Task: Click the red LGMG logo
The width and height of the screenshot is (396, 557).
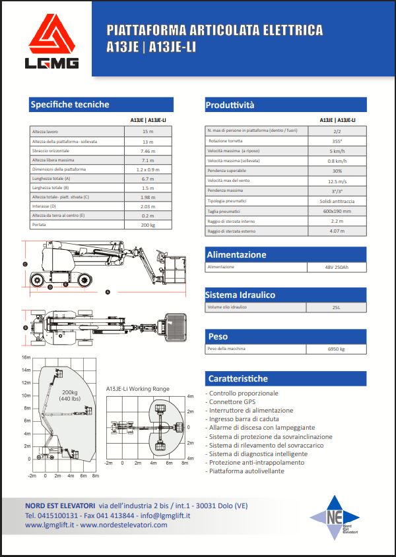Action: (x=53, y=44)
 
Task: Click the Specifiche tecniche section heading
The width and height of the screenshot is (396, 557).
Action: (x=70, y=104)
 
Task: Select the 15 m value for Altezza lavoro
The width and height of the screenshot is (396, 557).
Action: (x=147, y=132)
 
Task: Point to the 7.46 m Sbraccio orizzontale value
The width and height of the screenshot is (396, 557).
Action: (x=147, y=151)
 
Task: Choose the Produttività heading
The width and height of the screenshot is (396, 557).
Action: (x=230, y=105)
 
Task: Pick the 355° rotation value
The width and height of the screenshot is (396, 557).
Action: (x=337, y=141)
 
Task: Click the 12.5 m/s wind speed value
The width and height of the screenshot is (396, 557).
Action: (x=337, y=181)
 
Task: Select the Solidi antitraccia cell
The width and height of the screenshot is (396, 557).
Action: (x=337, y=201)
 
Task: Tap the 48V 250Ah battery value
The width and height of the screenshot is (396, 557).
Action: (x=337, y=267)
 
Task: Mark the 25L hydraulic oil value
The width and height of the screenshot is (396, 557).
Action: (x=337, y=308)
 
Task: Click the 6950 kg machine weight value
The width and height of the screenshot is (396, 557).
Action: (x=337, y=349)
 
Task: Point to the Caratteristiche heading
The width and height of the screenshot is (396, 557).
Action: (x=238, y=378)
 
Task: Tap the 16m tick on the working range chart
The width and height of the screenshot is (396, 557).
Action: (x=26, y=357)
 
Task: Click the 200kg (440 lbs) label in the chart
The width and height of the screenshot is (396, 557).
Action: (x=69, y=396)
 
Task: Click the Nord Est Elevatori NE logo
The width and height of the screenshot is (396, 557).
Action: (x=335, y=518)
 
